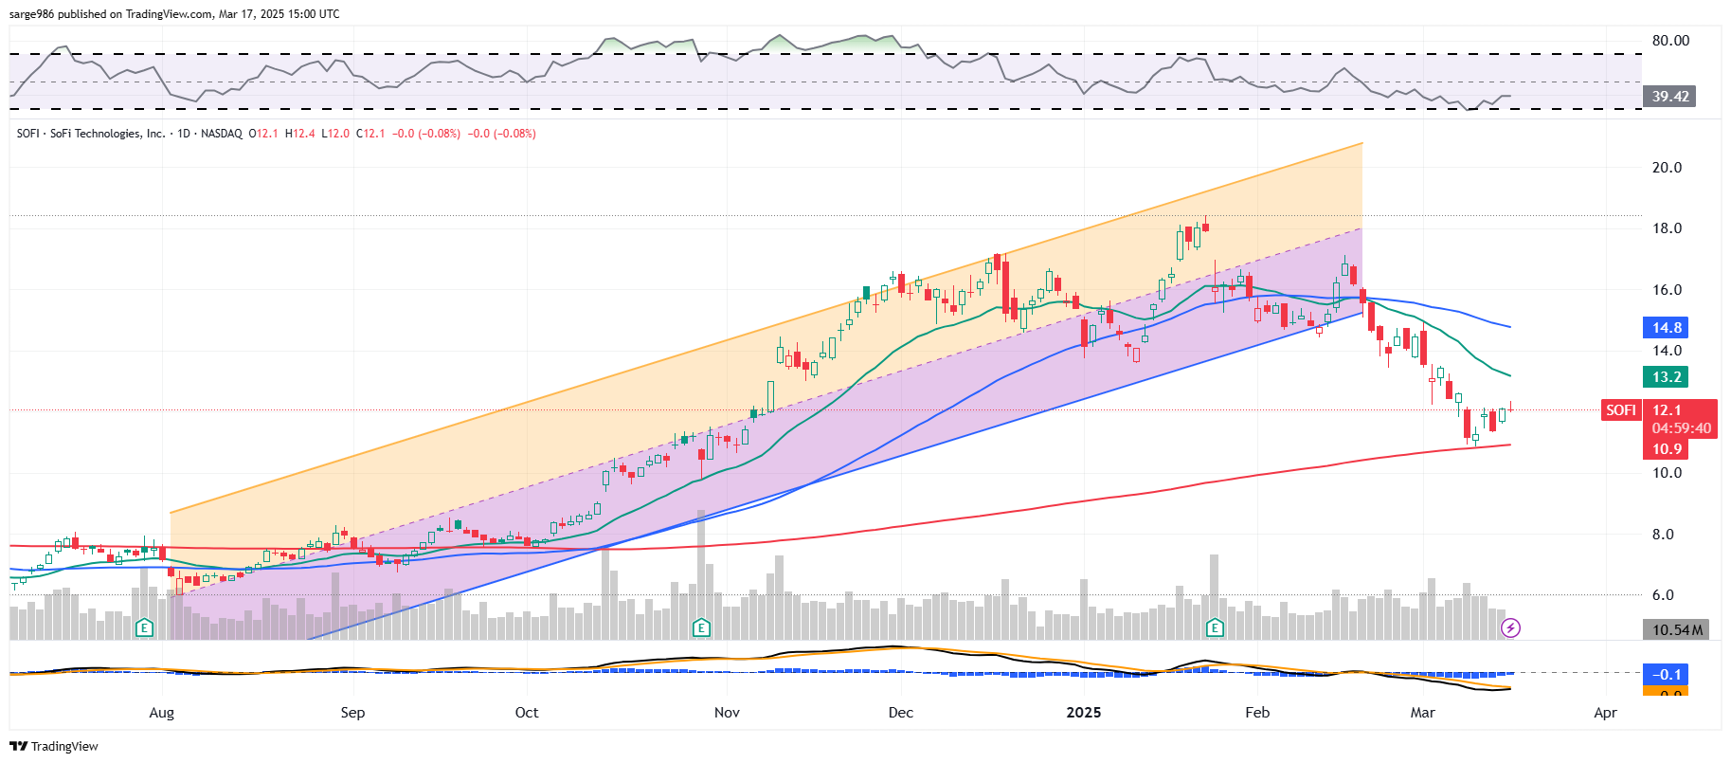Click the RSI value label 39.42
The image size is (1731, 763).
pos(1669,96)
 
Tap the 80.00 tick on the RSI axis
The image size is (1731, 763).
pos(1670,41)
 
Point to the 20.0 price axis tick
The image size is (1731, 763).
pos(1667,168)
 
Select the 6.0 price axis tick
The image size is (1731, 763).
pos(1663,595)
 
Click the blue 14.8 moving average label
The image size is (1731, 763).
pos(1667,328)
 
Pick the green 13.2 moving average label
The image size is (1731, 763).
pos(1667,377)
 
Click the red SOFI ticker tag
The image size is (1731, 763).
pos(1620,410)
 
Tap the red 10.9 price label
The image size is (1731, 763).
pos(1667,449)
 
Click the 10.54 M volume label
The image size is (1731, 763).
pos(1676,630)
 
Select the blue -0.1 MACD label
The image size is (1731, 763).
pos(1667,675)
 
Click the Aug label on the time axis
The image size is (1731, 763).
pos(162,713)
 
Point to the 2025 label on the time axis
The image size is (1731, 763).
pos(1083,713)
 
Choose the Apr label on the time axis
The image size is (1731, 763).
pos(1605,713)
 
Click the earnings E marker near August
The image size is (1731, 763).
pos(144,627)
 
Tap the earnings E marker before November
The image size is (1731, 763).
pos(701,627)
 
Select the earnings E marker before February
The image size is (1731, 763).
pos(1215,627)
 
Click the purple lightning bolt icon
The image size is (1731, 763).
pos(1511,627)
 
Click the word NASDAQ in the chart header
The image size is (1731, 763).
pos(221,134)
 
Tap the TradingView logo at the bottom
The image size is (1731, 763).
pos(55,746)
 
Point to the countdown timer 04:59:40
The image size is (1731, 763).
pos(1682,428)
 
